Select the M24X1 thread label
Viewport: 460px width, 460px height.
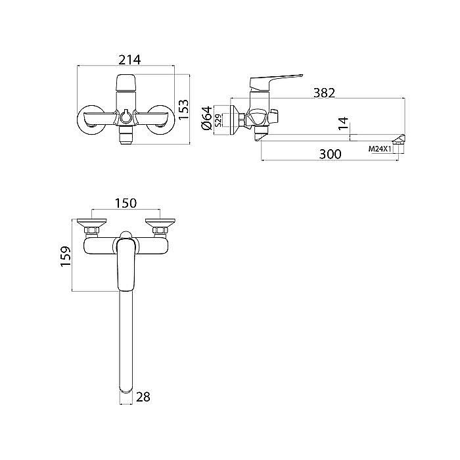[380, 149]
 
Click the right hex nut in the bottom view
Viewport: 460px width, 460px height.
[160, 230]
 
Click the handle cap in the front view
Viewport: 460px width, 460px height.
[125, 85]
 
